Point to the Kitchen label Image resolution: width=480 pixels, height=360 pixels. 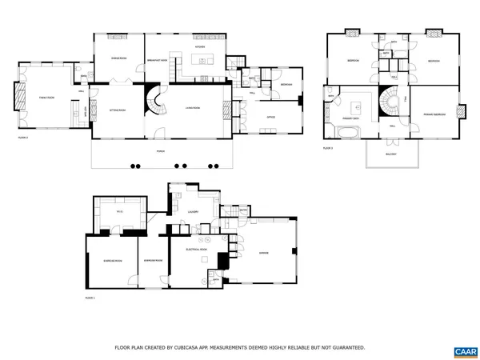click(200, 47)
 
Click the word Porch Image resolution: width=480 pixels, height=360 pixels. click(160, 150)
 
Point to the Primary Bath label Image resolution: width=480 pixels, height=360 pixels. click(350, 117)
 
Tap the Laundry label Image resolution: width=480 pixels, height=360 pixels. click(193, 212)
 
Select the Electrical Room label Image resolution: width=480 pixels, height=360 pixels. click(197, 250)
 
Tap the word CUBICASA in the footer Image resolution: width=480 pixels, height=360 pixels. click(200, 347)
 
